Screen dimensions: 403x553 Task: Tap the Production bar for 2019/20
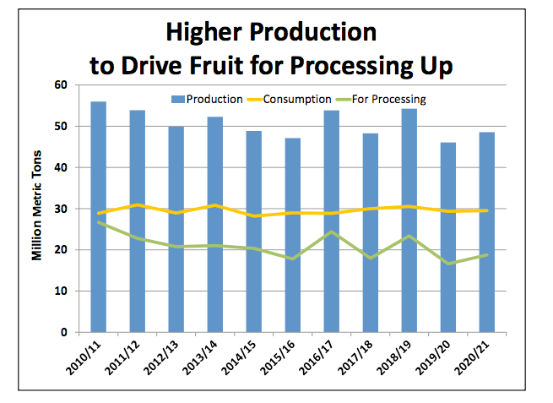tap(448, 237)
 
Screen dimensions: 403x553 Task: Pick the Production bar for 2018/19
tap(409, 221)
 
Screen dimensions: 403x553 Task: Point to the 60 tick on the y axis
tap(62, 84)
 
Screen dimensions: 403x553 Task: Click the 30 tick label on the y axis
tap(62, 209)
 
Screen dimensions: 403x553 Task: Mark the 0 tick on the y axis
tap(65, 332)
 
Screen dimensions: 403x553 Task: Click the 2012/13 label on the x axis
tap(166, 358)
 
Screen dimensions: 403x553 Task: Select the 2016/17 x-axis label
tap(322, 358)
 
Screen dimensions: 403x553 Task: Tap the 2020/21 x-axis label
tap(478, 358)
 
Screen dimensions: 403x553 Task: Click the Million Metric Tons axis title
tap(38, 209)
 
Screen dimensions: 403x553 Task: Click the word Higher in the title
tap(206, 34)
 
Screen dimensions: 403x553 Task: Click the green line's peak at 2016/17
tap(332, 231)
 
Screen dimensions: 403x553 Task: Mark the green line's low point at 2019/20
tap(448, 264)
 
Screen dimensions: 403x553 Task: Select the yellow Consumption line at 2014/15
tap(254, 216)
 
